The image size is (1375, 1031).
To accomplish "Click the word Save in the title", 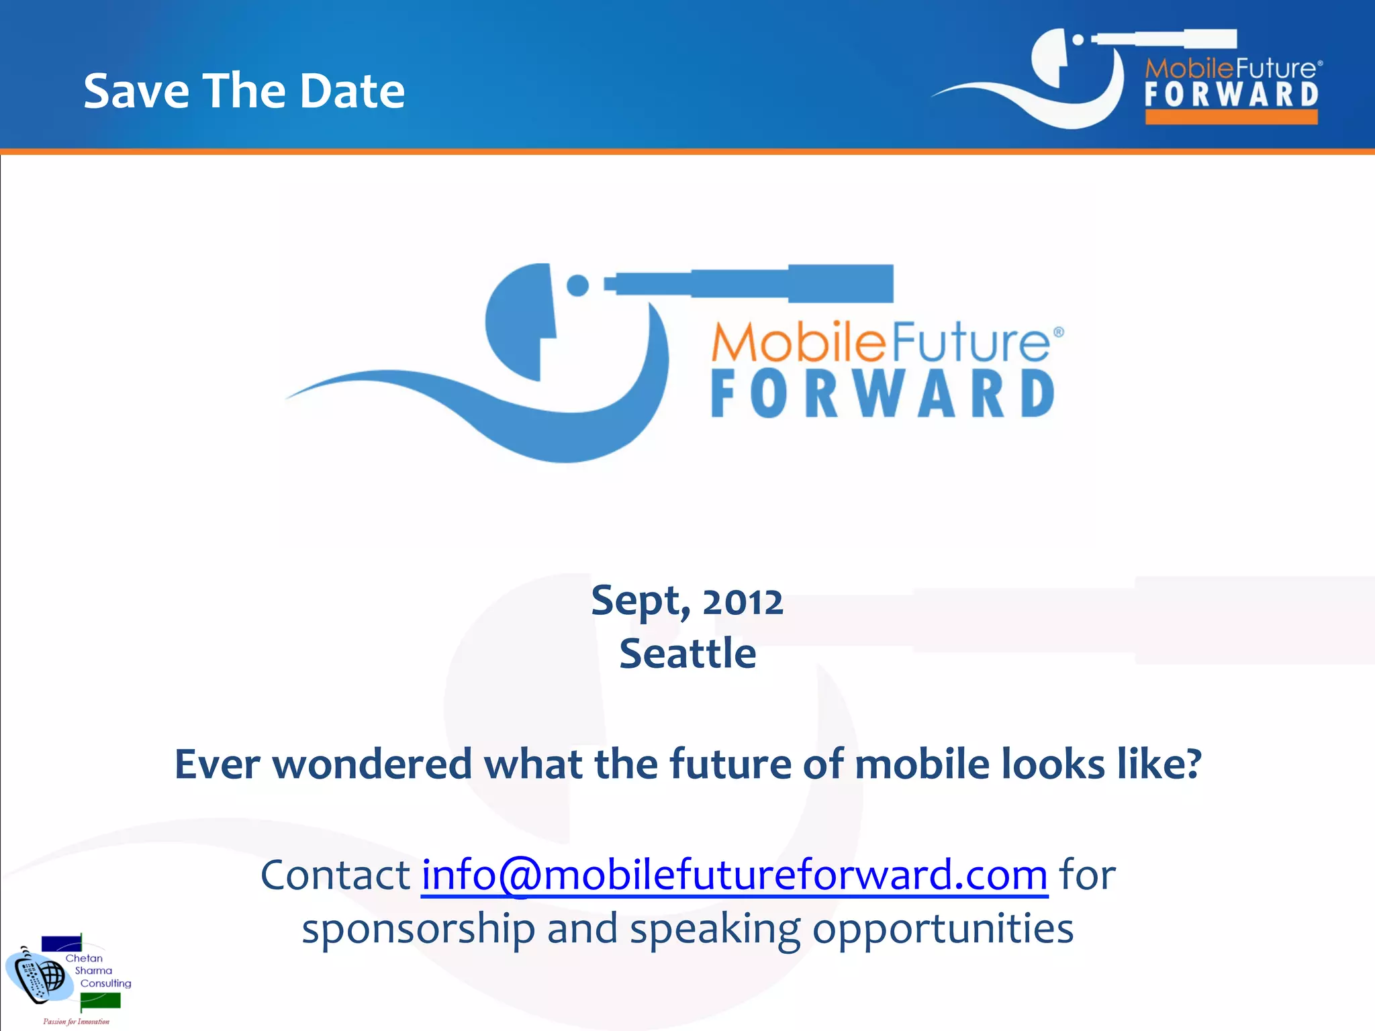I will pos(137,91).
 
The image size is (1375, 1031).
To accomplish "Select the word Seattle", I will pos(687,654).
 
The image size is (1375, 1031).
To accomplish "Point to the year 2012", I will pos(743,601).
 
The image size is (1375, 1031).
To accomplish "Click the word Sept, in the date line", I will pos(641,601).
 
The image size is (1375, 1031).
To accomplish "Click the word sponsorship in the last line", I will pos(418,929).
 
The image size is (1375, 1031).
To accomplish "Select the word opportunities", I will pos(943,929).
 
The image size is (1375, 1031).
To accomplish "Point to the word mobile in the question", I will pos(921,765).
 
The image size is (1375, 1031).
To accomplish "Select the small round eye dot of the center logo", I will pos(577,285).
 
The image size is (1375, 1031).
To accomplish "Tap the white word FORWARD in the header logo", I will pos(1231,95).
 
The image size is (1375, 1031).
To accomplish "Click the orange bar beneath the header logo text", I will pos(1231,117).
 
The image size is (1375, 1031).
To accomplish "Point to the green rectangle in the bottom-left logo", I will pos(100,1001).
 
